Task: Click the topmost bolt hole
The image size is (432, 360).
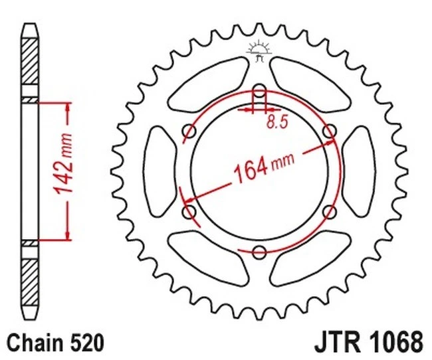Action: [x=259, y=92]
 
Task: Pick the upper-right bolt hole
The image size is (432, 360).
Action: [x=328, y=132]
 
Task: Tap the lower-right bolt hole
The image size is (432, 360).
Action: [x=328, y=211]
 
